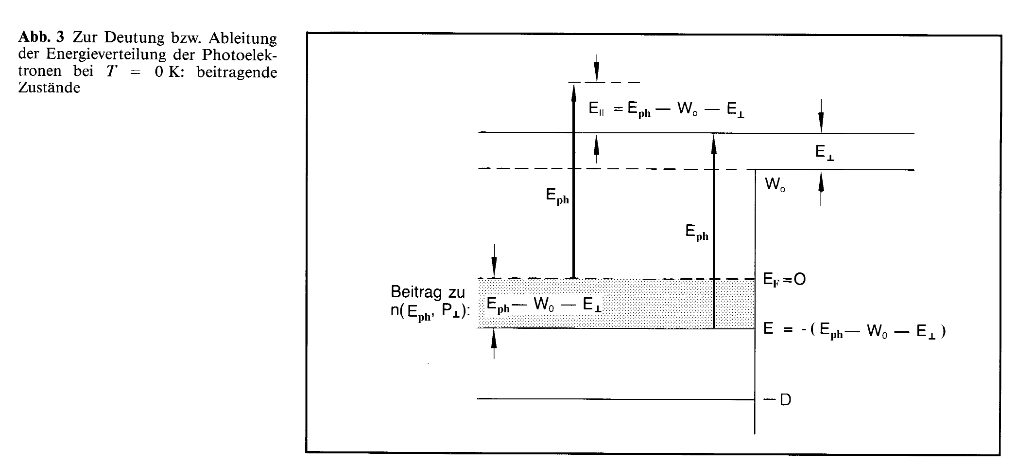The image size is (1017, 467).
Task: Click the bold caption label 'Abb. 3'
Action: (41, 38)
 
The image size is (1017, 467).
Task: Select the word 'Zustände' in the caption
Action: (49, 88)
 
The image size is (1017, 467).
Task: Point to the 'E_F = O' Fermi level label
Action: (784, 280)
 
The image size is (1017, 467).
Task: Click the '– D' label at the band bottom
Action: (778, 400)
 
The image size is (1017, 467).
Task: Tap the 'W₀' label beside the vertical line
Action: (775, 185)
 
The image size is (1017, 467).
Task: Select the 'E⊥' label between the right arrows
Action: (825, 153)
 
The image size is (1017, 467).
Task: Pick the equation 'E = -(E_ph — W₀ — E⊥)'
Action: (854, 331)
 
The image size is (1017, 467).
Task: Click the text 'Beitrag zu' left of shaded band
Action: (428, 292)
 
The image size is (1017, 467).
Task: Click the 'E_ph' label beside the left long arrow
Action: (557, 196)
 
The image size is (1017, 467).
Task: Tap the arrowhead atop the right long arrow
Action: (713, 141)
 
